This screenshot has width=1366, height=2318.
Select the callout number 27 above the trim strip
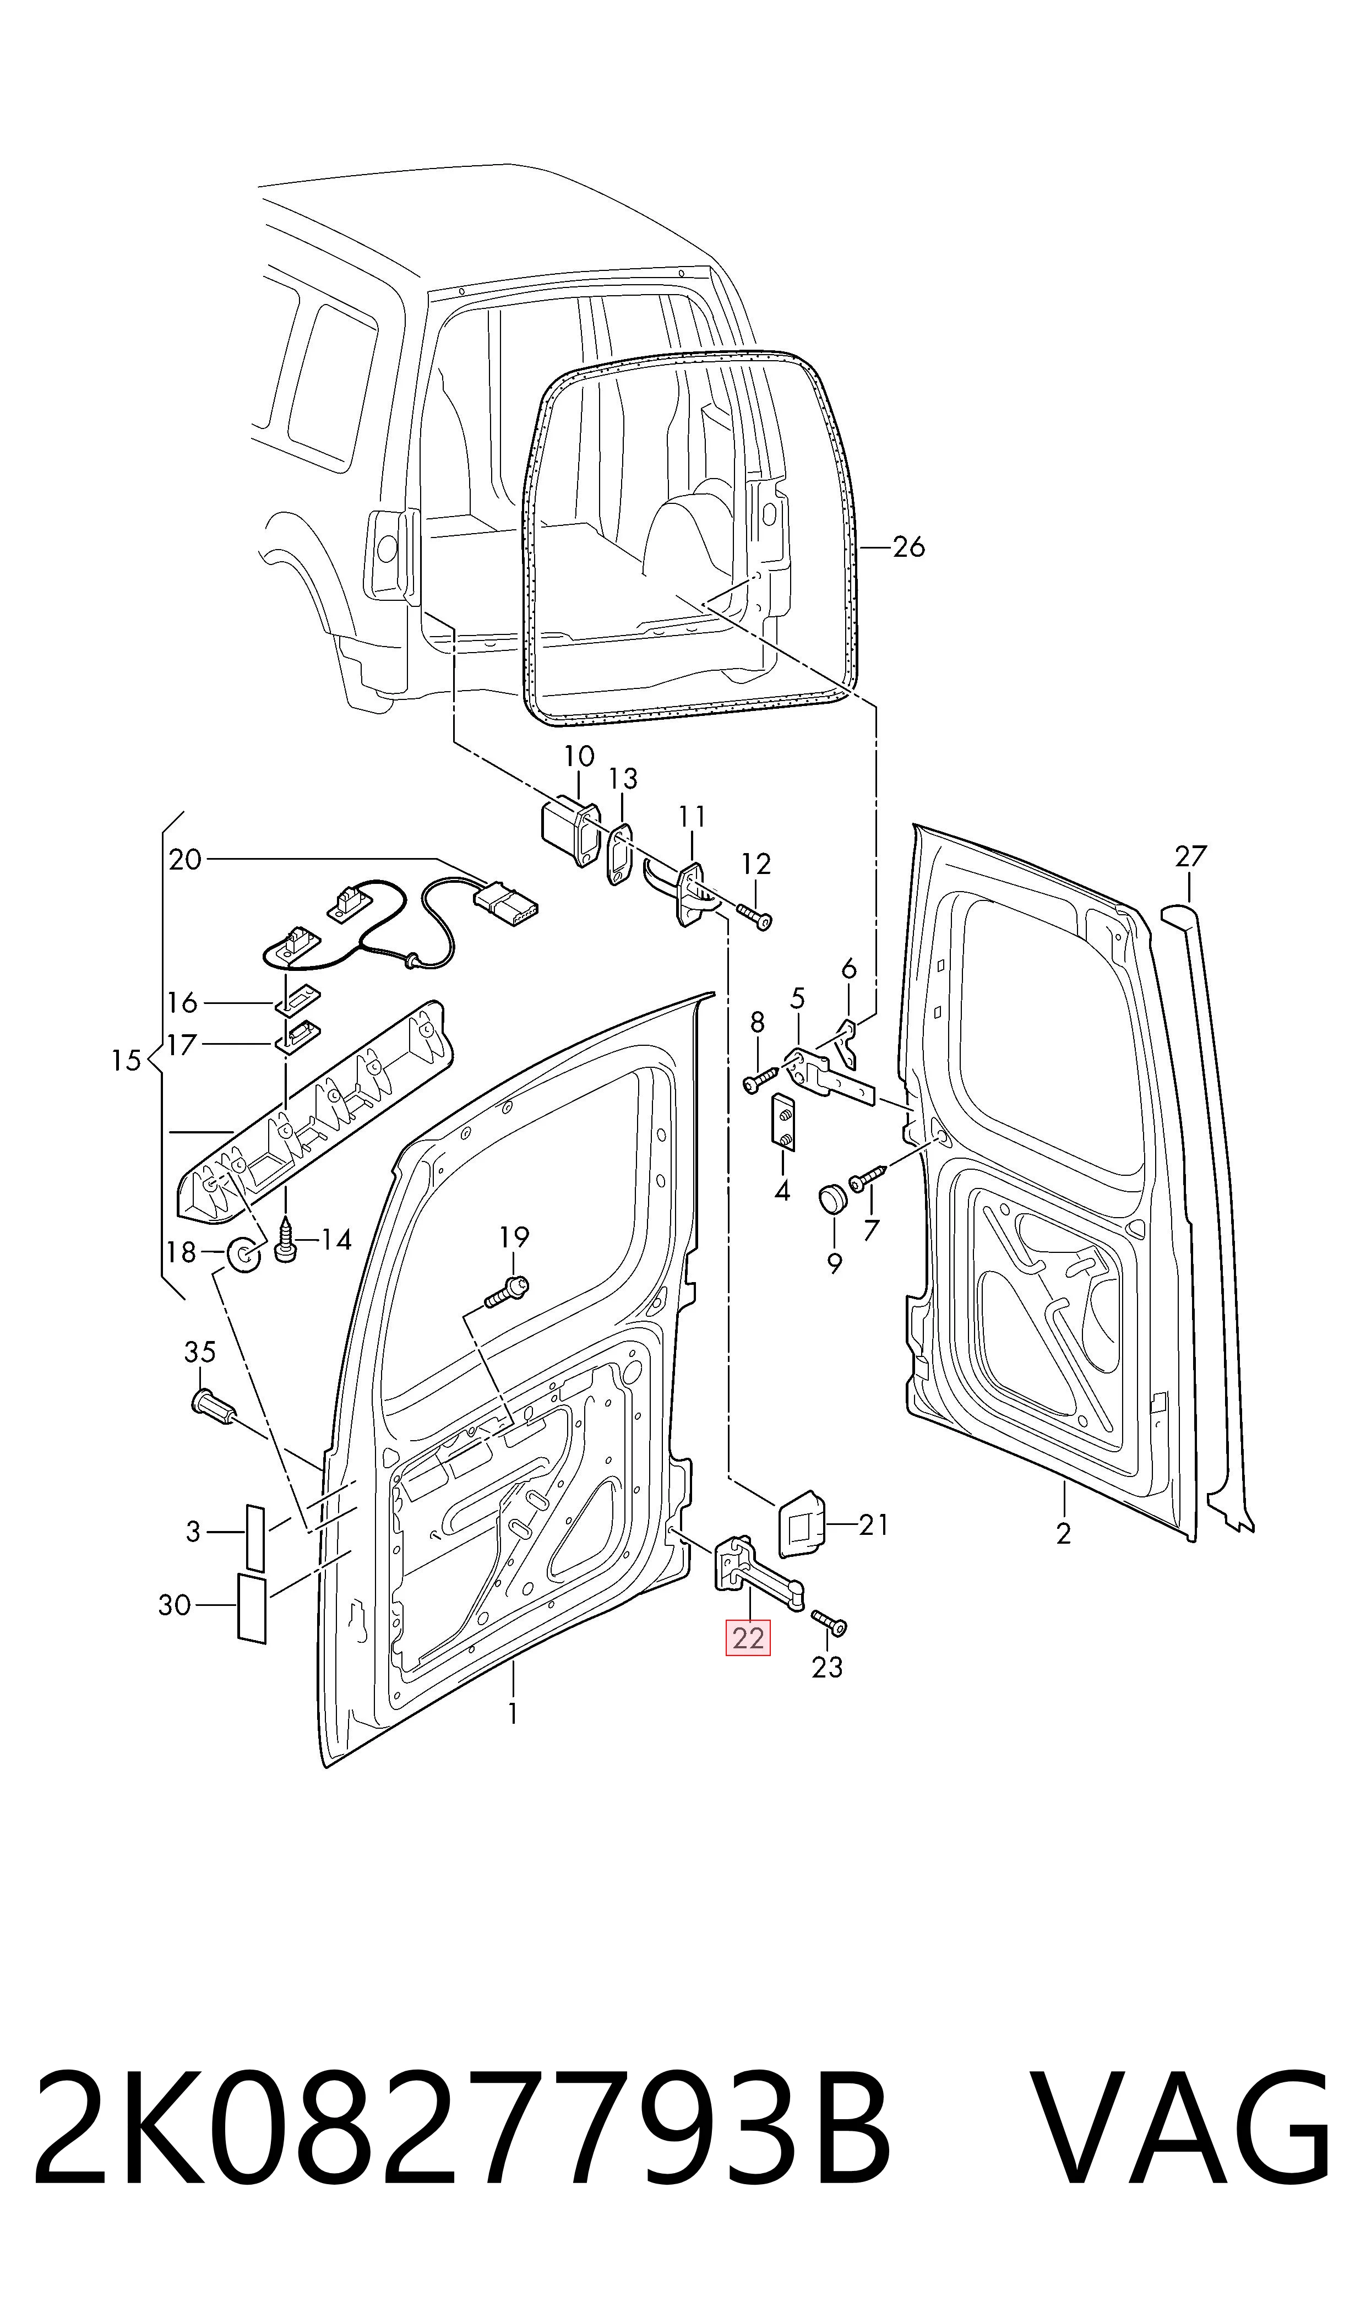pyautogui.click(x=1190, y=857)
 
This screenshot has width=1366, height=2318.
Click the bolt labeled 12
pyautogui.click(x=755, y=916)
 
